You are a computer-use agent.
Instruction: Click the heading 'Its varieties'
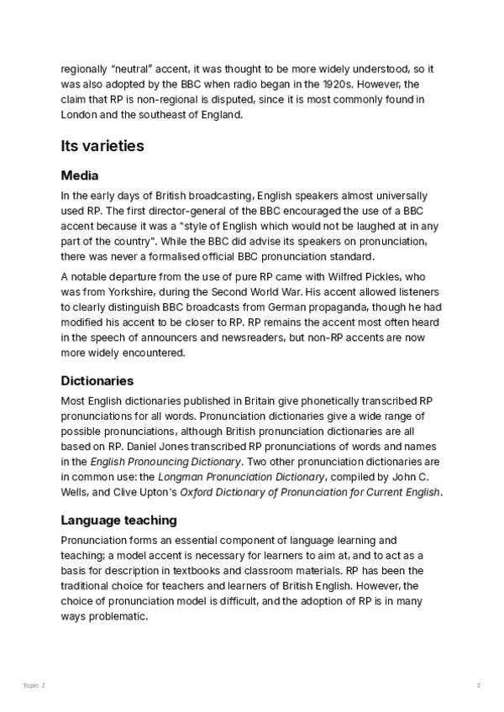click(x=102, y=146)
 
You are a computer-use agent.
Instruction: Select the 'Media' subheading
click(x=80, y=175)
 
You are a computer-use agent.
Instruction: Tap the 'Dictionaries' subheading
click(x=97, y=380)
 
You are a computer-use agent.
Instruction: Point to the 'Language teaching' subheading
click(x=118, y=520)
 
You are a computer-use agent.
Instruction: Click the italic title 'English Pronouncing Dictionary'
click(x=166, y=462)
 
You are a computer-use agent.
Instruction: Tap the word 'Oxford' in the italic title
click(x=197, y=492)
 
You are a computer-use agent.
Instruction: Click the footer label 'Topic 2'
click(x=34, y=686)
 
